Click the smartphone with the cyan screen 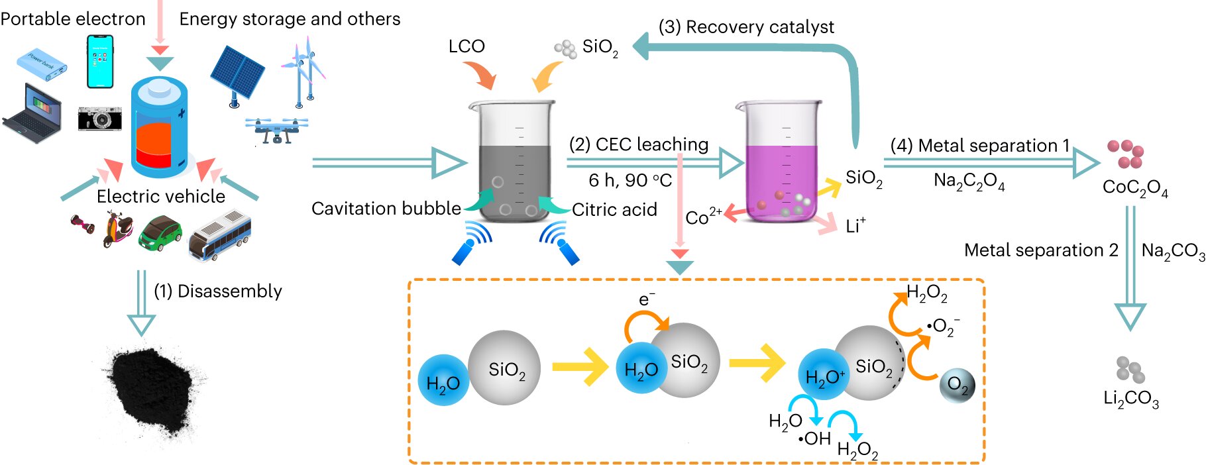[100, 61]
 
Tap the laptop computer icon [32, 113]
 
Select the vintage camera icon [99, 119]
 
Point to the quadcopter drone [276, 130]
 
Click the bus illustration [219, 236]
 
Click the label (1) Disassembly [218, 291]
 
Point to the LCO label [466, 46]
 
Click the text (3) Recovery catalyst [746, 27]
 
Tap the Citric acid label [614, 210]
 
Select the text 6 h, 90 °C [630, 180]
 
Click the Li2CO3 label [1130, 399]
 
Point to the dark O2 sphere [957, 385]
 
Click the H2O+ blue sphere [824, 376]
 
